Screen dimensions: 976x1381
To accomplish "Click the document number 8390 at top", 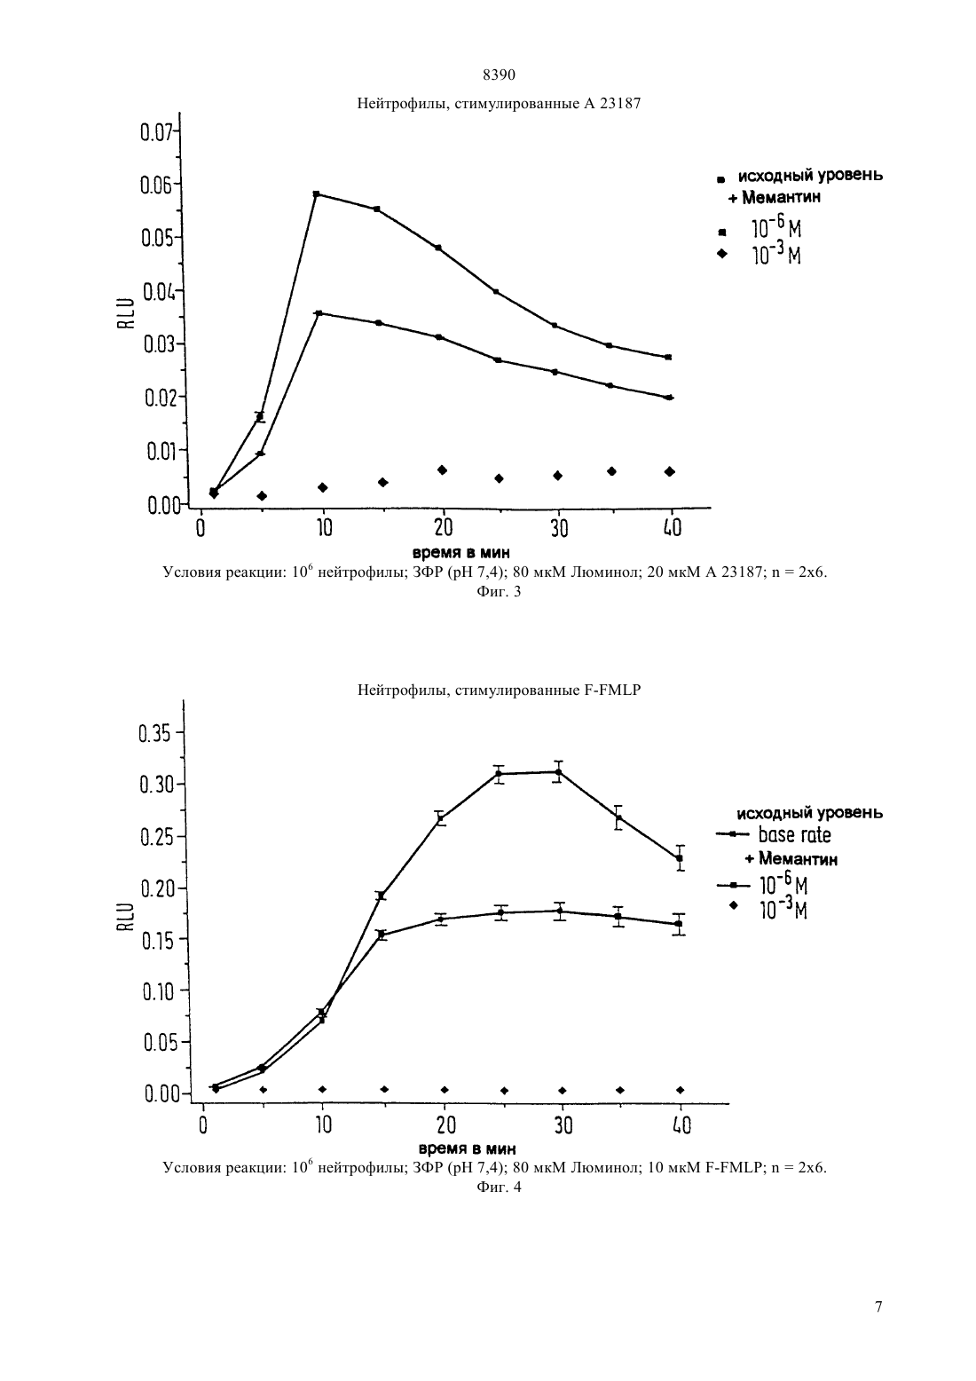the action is click(499, 75).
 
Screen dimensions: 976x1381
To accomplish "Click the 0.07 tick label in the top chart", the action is click(156, 132).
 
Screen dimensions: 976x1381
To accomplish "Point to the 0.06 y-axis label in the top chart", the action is click(156, 185).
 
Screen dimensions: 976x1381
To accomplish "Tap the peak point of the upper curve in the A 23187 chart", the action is click(316, 194).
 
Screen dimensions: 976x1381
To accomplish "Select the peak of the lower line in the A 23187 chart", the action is click(319, 313).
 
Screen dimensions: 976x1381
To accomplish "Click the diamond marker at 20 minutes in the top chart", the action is click(442, 470).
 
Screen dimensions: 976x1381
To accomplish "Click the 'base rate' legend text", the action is click(794, 835).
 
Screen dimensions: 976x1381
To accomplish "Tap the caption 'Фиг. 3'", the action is click(499, 592).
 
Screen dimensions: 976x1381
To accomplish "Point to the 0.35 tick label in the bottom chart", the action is click(155, 734).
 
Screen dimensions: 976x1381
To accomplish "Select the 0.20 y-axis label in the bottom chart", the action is click(156, 888).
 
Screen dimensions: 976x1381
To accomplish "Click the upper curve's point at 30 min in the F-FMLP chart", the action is click(558, 772).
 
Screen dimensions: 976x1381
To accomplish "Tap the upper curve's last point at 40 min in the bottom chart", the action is click(680, 857).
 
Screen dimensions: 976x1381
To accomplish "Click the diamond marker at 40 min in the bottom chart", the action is click(681, 1090).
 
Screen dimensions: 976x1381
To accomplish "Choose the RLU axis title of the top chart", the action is click(126, 312).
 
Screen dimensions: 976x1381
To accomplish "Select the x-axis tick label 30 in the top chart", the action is click(560, 528).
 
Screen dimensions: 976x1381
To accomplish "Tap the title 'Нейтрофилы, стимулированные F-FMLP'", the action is click(499, 690).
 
